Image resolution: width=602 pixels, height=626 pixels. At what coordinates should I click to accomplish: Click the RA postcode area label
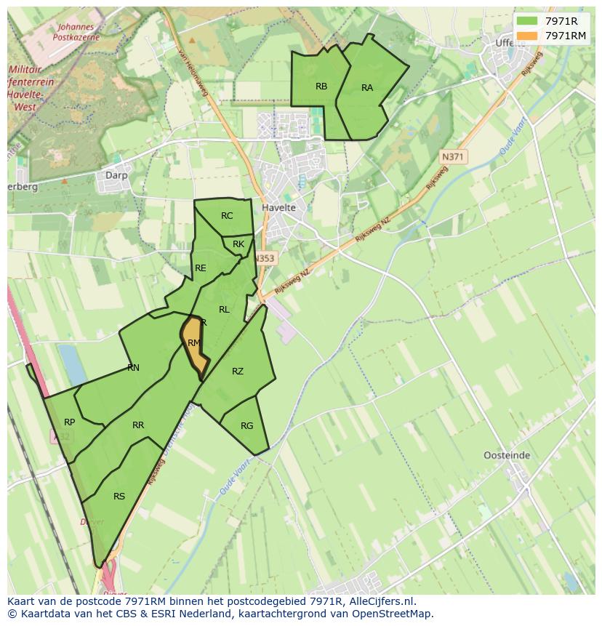pyautogui.click(x=367, y=88)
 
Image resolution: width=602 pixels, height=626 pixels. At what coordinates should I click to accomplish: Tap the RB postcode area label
pyautogui.click(x=321, y=87)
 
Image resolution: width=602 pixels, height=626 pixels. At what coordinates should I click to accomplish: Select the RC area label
pyautogui.click(x=227, y=216)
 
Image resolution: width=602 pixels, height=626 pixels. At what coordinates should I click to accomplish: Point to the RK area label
pyautogui.click(x=238, y=244)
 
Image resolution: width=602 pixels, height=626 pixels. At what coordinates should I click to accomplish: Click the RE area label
pyautogui.click(x=201, y=268)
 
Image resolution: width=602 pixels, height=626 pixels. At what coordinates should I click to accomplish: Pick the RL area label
pyautogui.click(x=224, y=310)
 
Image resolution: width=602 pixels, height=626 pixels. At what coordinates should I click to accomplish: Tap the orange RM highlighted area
pyautogui.click(x=193, y=345)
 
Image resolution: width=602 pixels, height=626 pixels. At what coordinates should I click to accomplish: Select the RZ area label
pyautogui.click(x=238, y=372)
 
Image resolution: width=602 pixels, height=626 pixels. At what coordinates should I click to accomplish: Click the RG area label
pyautogui.click(x=246, y=426)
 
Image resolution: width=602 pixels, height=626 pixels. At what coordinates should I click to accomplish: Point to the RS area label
pyautogui.click(x=119, y=497)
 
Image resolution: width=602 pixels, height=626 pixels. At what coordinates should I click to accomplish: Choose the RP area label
pyautogui.click(x=70, y=422)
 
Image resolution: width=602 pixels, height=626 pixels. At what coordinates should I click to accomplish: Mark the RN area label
pyautogui.click(x=133, y=368)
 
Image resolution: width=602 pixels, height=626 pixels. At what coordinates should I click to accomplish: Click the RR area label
pyautogui.click(x=138, y=425)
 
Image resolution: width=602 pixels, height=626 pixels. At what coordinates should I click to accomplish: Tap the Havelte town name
pyautogui.click(x=278, y=208)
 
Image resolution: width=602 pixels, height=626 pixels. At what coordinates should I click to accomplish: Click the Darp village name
pyautogui.click(x=116, y=175)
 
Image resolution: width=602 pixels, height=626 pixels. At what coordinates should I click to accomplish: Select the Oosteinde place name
pyautogui.click(x=507, y=456)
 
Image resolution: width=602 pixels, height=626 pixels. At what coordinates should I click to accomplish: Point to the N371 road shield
pyautogui.click(x=454, y=157)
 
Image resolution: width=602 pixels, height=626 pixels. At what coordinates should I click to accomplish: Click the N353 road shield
pyautogui.click(x=265, y=258)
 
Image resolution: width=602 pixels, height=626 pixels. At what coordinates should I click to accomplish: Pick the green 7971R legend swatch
pyautogui.click(x=526, y=21)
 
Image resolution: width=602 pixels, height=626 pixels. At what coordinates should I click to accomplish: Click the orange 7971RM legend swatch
pyautogui.click(x=526, y=36)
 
